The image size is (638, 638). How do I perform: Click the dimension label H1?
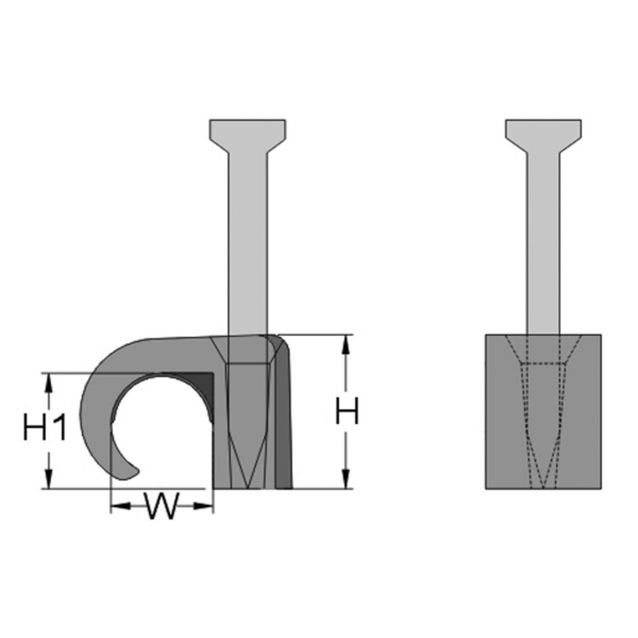(45, 429)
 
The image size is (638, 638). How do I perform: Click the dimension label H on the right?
(347, 412)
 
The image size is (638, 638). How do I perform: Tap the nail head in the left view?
(247, 132)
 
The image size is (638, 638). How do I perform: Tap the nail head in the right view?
(543, 132)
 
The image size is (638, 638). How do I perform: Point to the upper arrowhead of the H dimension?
(346, 342)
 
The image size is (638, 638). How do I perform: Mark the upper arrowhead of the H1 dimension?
(50, 381)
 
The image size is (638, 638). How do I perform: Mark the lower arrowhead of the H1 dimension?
(50, 481)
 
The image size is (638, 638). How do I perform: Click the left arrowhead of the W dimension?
(118, 505)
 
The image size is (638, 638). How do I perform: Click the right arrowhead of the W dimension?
(206, 505)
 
